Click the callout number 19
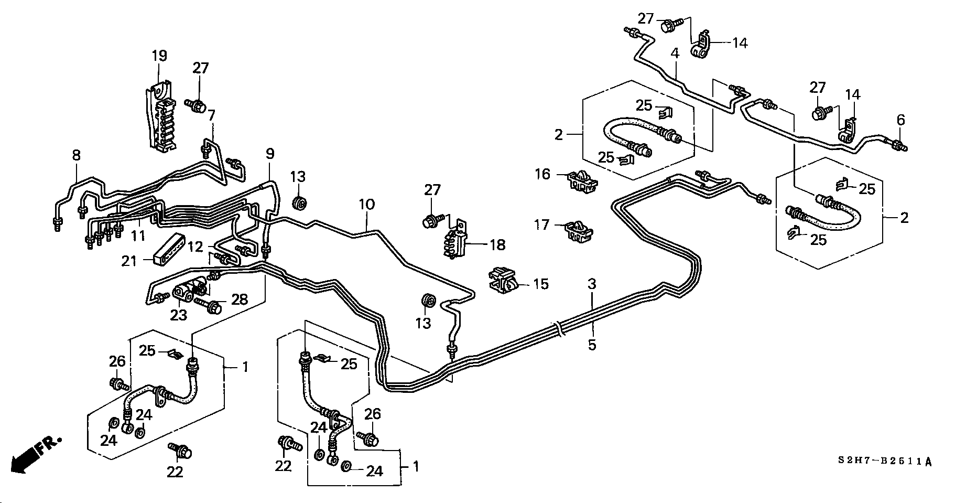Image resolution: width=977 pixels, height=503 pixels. click(159, 56)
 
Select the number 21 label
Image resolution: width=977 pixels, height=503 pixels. click(129, 261)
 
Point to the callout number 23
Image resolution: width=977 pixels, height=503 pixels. click(178, 315)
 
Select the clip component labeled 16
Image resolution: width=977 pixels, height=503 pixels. click(582, 181)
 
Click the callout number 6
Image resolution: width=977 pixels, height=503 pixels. click(900, 120)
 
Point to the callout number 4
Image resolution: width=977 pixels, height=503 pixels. click(675, 53)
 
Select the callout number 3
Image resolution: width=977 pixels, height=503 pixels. click(592, 285)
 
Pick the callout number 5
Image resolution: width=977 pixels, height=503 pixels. click(592, 345)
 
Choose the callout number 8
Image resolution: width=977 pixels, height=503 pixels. click(77, 155)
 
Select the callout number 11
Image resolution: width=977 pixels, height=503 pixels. click(138, 236)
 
